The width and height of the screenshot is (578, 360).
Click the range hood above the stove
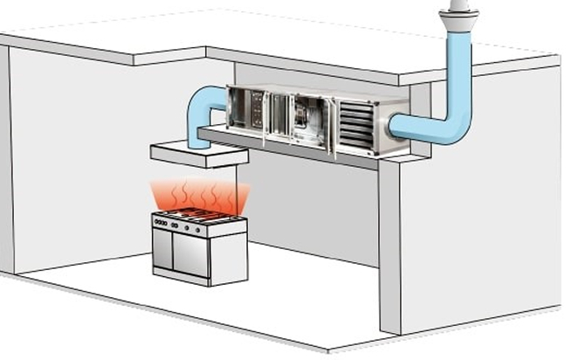point(199,154)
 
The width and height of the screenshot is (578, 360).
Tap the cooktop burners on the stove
point(196,215)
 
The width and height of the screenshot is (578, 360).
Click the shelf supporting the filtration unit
point(288,148)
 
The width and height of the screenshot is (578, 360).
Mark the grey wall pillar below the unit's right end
point(390,245)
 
